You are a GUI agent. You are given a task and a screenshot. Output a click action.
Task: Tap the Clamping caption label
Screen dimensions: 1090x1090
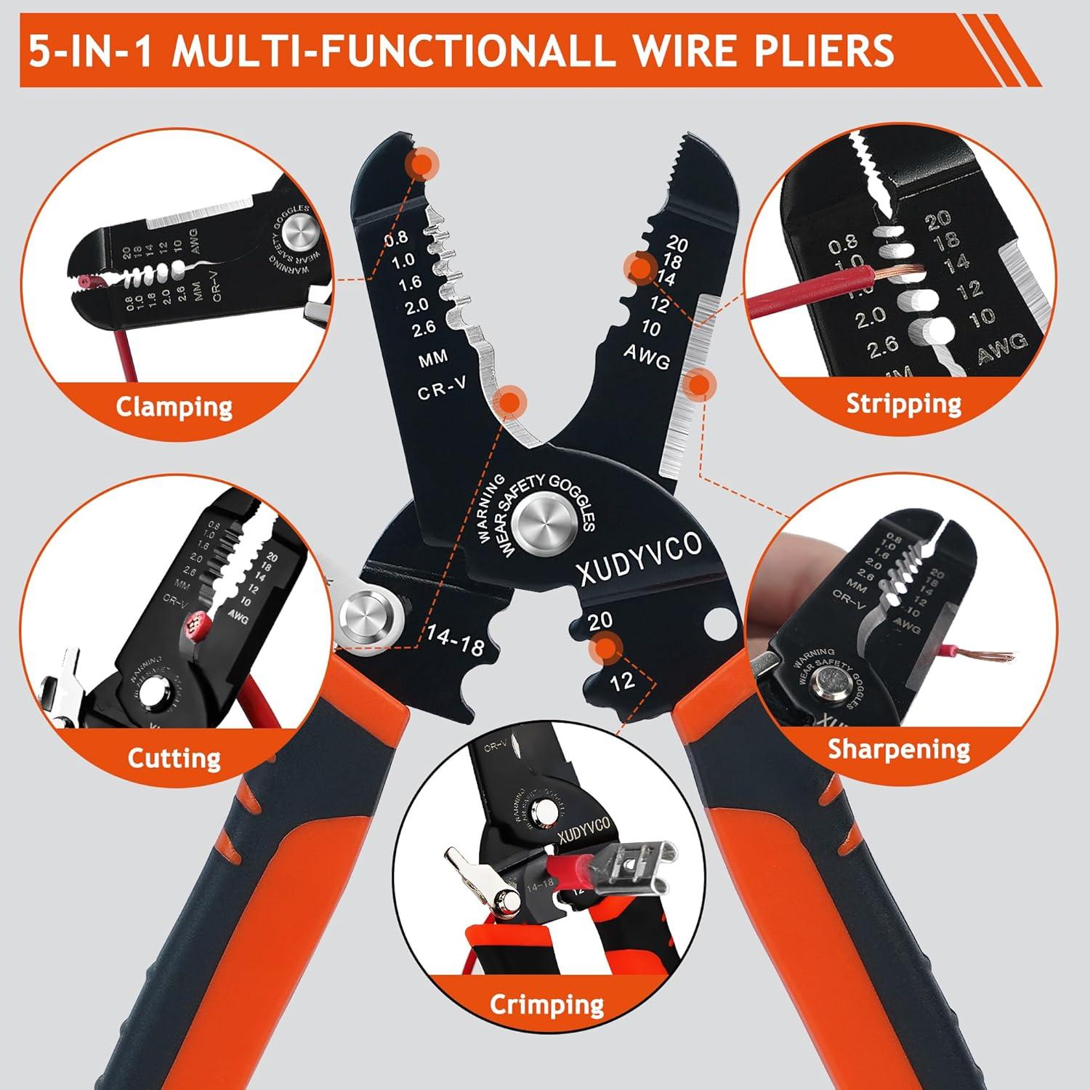[x=174, y=406]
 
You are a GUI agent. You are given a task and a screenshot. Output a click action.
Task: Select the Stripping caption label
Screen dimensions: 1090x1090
[x=903, y=403]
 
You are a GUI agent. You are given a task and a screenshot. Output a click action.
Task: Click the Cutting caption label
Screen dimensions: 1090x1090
[x=174, y=758]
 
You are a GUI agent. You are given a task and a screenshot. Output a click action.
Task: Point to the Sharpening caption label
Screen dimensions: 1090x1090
[x=899, y=748]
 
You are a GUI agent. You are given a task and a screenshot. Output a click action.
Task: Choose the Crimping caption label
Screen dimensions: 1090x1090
[x=546, y=1005]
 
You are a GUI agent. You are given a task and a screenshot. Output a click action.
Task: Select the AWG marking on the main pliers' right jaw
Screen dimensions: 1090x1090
[x=647, y=355]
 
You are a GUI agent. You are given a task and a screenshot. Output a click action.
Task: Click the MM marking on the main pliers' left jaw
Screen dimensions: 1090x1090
[x=433, y=358]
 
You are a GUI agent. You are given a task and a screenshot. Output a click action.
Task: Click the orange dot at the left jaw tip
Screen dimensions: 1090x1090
[x=422, y=164]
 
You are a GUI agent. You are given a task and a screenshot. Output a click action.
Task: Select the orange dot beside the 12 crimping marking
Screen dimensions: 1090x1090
[x=605, y=647]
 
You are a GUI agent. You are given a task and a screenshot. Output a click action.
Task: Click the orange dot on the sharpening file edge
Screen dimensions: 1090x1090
[x=699, y=384]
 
